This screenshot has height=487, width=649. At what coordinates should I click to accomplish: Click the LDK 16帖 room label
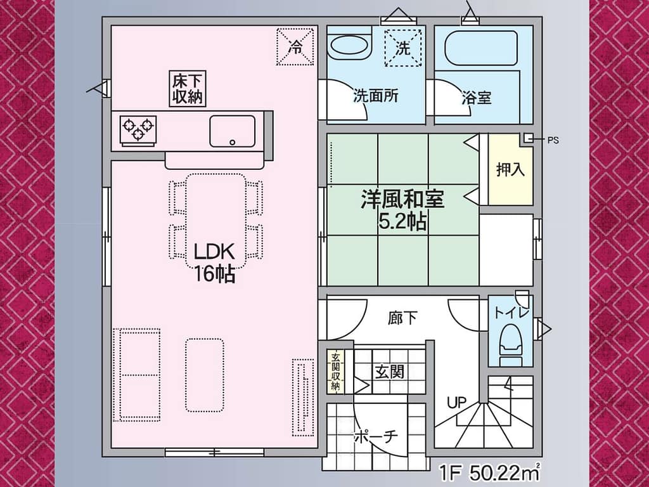(x=215, y=263)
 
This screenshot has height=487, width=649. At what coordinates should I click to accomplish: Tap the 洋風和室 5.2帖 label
(x=402, y=210)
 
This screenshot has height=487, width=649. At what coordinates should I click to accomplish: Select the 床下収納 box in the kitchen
(x=188, y=89)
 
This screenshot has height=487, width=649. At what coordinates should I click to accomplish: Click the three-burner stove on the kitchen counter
(x=138, y=129)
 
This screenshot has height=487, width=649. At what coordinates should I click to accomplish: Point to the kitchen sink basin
(x=232, y=131)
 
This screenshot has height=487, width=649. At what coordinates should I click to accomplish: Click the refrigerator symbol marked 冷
(x=295, y=46)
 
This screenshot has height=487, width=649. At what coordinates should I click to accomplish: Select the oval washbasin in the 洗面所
(x=350, y=45)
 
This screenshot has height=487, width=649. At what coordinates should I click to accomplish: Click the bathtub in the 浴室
(x=480, y=48)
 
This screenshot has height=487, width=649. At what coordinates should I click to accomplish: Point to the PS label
(x=553, y=140)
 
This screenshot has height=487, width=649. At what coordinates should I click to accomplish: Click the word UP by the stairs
(x=456, y=402)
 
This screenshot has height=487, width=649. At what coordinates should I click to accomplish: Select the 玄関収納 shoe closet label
(x=335, y=372)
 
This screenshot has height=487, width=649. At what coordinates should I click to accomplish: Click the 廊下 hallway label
(x=402, y=318)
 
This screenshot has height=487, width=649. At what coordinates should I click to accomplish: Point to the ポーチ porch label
(x=376, y=436)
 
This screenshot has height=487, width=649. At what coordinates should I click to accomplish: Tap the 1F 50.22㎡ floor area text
(x=489, y=472)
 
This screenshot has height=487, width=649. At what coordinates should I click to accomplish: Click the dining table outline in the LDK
(x=215, y=221)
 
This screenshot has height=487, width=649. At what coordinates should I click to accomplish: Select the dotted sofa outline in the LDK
(x=137, y=375)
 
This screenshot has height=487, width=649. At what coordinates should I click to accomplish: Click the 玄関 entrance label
(x=390, y=372)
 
